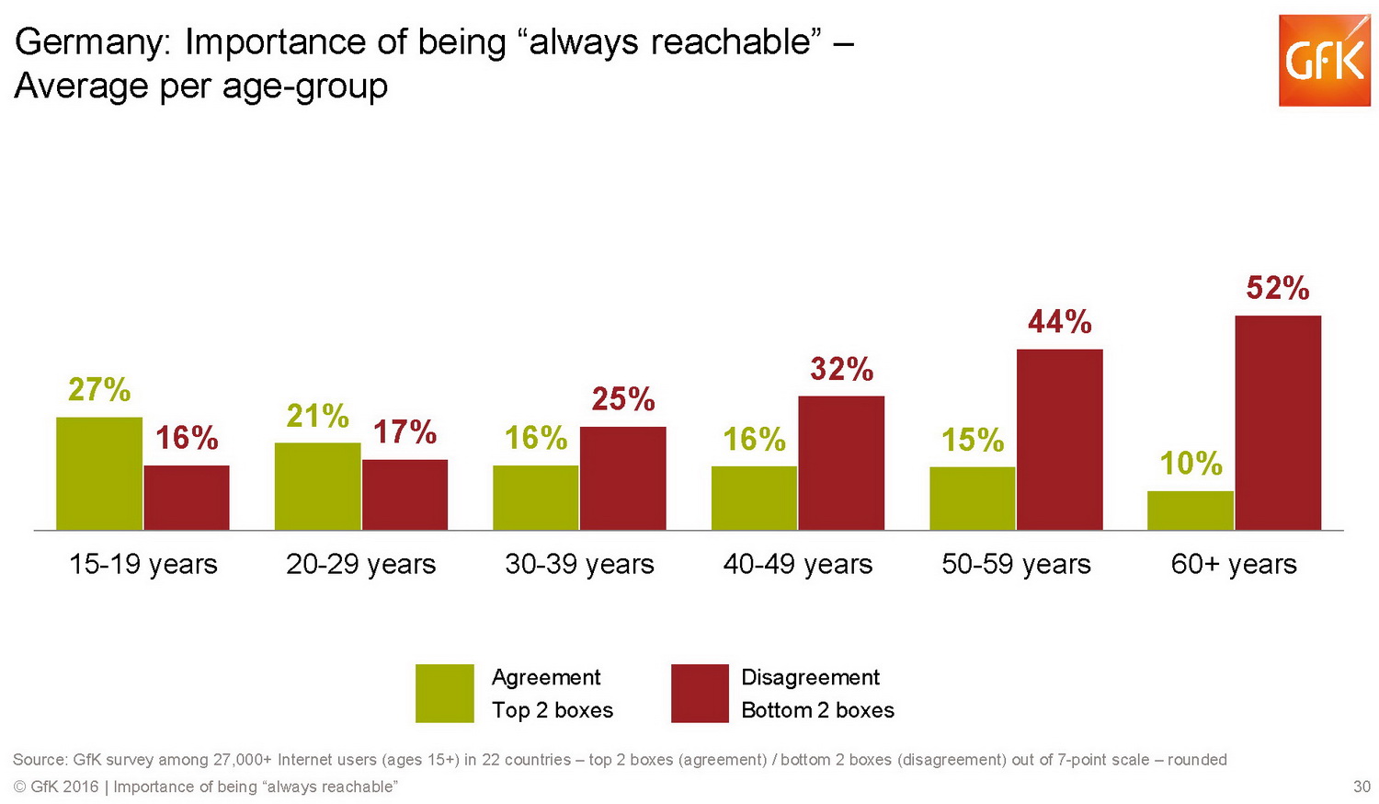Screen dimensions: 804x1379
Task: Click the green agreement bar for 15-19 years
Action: (x=99, y=473)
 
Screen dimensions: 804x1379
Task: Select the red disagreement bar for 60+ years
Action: (x=1278, y=422)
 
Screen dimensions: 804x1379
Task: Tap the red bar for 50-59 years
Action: (x=1059, y=439)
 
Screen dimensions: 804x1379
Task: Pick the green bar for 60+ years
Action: (x=1191, y=510)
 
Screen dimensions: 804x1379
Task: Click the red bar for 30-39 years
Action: (x=622, y=477)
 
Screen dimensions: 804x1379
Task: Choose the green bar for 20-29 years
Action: (x=317, y=486)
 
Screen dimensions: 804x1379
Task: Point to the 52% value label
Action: (x=1278, y=289)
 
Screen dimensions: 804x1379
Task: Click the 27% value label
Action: (x=99, y=390)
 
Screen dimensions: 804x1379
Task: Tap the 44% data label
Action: (x=1059, y=322)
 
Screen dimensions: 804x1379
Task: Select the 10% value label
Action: (x=1191, y=463)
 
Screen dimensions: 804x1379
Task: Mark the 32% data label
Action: (x=841, y=370)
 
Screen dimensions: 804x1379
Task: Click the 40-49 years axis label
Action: (x=797, y=564)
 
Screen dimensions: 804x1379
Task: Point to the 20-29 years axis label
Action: (x=360, y=564)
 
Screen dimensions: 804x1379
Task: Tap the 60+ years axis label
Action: (x=1234, y=564)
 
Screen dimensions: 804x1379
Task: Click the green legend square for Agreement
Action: (x=444, y=693)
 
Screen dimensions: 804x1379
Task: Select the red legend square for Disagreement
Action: (x=700, y=693)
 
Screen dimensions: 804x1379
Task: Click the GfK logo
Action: (x=1324, y=61)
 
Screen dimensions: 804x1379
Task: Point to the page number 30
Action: (x=1362, y=787)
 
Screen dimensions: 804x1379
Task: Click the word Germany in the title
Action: (x=91, y=42)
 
